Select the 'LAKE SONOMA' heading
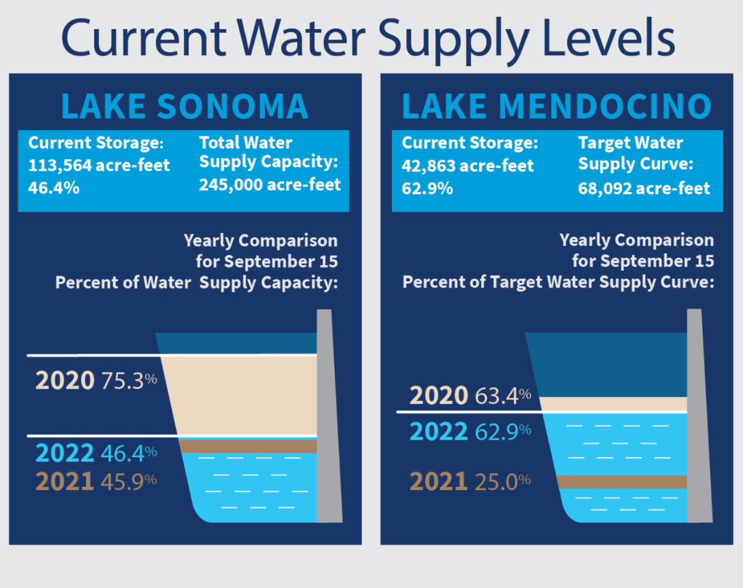185,106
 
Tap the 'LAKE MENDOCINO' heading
556,106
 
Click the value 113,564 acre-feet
99,166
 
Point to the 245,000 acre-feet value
270,185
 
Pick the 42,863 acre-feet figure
467,166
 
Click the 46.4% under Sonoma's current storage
54,188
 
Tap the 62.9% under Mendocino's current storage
427,188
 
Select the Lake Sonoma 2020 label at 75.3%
96,380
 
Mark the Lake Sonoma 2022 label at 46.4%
96,454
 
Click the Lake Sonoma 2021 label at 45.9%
96,481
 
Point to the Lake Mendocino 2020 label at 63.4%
470,395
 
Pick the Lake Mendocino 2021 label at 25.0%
470,481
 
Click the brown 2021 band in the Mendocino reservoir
622,481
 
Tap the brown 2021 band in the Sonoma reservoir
248,446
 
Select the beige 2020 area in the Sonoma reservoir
241,395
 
